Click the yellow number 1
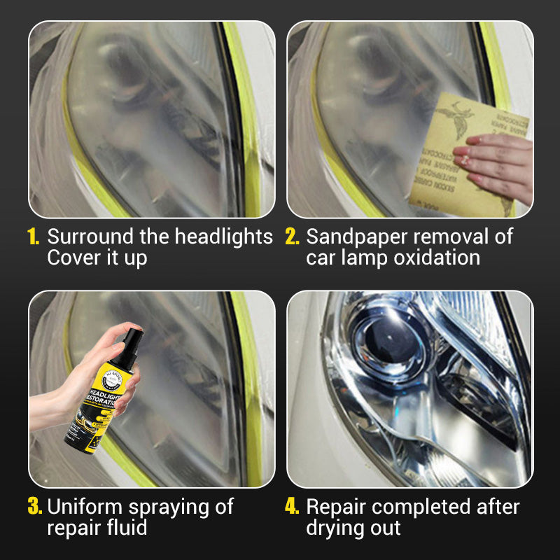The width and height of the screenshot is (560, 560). [x=34, y=237]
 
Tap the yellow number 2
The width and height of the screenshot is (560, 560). [x=293, y=237]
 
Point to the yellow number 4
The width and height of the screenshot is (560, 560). [x=293, y=506]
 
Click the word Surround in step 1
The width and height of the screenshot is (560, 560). [x=86, y=237]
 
